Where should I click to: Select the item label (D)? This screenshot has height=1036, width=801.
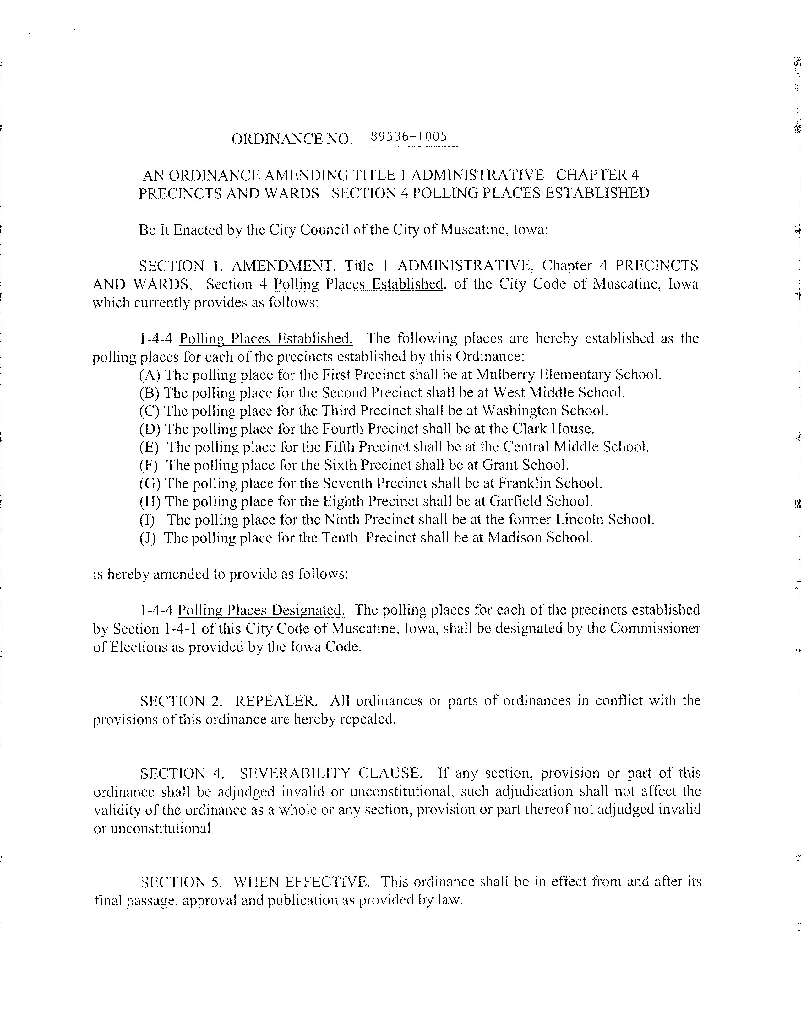pyautogui.click(x=150, y=429)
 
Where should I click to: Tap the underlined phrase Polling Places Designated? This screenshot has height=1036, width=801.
pyautogui.click(x=261, y=610)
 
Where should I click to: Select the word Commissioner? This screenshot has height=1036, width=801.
pyautogui.click(x=655, y=628)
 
